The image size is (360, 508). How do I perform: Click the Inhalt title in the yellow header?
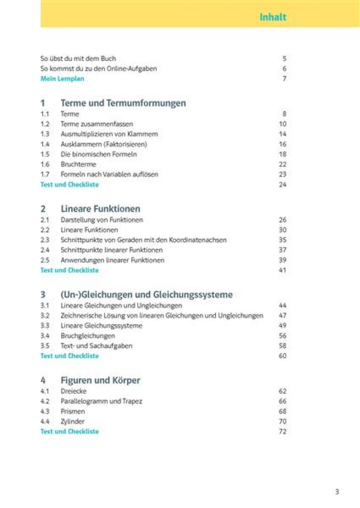coord(273,17)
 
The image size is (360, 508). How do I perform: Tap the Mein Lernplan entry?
coord(62,79)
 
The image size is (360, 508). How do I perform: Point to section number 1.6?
coord(45,164)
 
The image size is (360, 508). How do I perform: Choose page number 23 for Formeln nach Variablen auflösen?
coord(283,174)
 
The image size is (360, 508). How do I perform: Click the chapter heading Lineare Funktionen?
coord(100,209)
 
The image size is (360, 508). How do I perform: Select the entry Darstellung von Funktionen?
coord(102,220)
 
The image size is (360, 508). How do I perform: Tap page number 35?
coord(283,240)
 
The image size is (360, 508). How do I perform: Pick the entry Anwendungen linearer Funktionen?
coord(112,260)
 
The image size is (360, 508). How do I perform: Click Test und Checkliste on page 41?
coord(70,270)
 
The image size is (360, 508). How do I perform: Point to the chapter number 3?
coord(43,295)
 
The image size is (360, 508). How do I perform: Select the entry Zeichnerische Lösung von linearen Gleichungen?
coord(162,315)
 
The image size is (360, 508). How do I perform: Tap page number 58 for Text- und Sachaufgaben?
coord(283,346)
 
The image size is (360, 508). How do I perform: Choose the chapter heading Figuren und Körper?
coord(100,380)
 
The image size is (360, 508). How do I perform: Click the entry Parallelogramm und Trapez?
coord(101,401)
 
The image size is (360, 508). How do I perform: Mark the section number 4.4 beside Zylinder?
coord(45,422)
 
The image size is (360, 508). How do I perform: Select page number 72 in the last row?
coord(283,431)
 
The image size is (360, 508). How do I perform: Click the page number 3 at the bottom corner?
coord(337,491)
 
